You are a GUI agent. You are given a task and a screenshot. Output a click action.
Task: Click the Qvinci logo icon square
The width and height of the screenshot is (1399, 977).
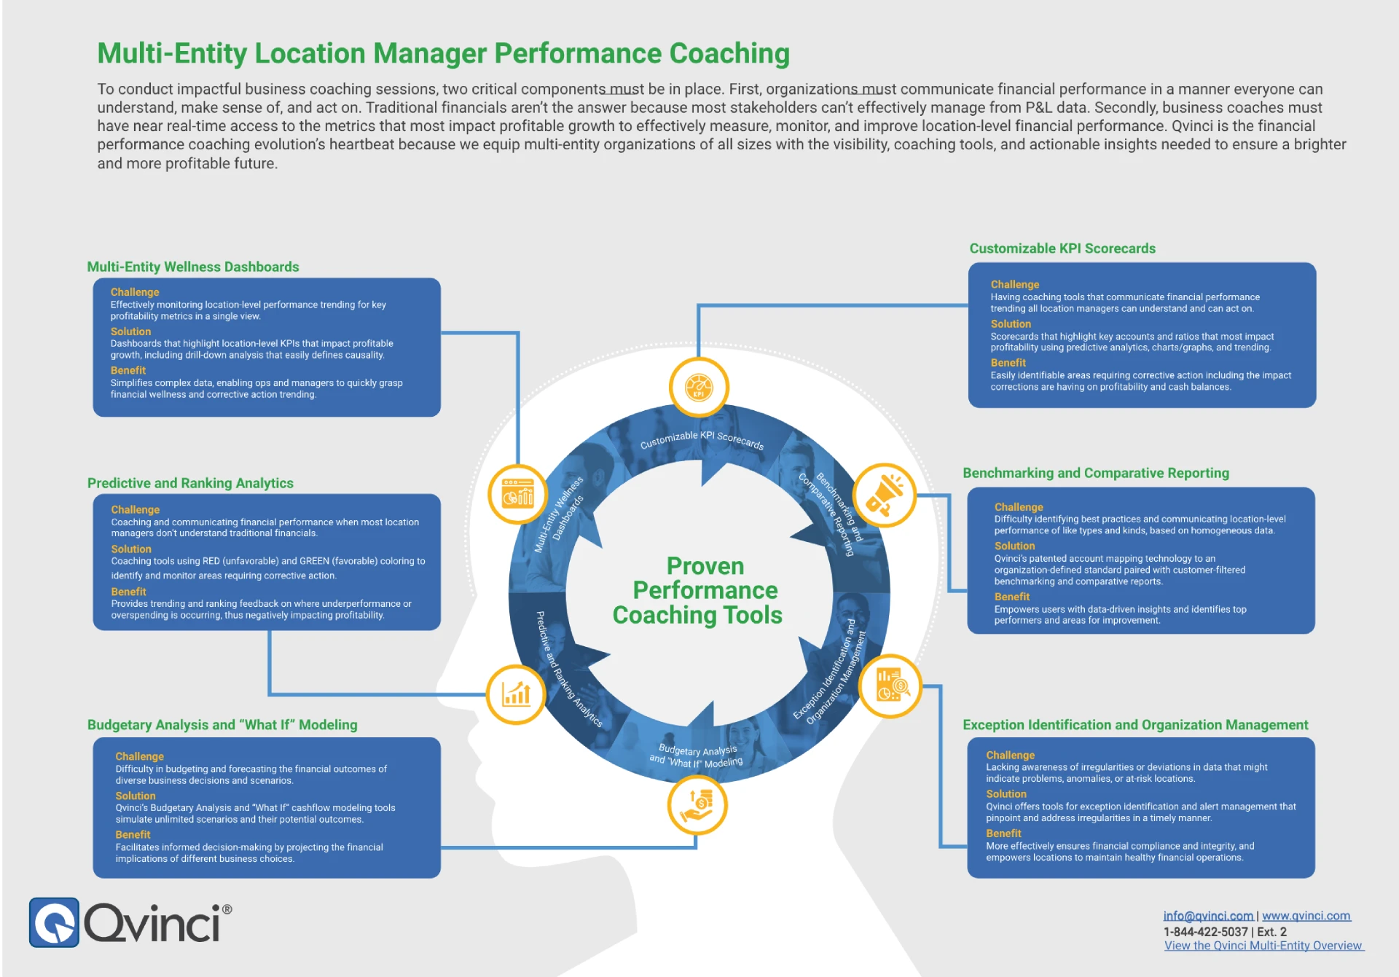tap(54, 922)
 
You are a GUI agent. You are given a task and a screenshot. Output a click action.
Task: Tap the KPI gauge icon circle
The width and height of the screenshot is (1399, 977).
tap(699, 387)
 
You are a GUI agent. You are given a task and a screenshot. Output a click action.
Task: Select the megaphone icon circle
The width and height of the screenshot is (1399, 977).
tap(885, 495)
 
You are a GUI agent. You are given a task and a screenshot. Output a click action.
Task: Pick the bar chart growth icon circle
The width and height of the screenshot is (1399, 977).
tap(516, 694)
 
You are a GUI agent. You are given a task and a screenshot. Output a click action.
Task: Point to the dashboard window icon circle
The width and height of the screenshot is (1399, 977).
tap(517, 494)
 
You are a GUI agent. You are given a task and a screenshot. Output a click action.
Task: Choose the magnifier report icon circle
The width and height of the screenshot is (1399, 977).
tap(890, 686)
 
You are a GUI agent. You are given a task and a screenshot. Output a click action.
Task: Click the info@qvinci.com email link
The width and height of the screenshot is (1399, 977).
tap(1208, 916)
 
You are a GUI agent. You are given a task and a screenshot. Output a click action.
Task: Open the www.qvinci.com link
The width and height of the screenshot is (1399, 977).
tap(1306, 916)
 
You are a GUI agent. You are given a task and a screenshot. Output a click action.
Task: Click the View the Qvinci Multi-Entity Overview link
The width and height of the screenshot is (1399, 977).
tap(1263, 946)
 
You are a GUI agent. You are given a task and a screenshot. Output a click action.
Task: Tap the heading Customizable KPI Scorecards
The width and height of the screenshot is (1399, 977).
tap(1062, 248)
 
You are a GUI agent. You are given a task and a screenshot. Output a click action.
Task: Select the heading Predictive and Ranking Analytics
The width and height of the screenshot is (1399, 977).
tap(190, 483)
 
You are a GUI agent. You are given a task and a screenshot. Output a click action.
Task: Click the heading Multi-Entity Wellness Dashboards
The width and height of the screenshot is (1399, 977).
tap(193, 267)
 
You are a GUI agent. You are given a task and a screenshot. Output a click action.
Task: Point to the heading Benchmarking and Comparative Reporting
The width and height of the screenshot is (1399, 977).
tap(1095, 473)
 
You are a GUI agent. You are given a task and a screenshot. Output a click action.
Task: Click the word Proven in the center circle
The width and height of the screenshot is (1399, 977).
tap(705, 566)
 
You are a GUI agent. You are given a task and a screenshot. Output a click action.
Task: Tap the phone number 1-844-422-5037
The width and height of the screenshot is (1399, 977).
tap(1205, 932)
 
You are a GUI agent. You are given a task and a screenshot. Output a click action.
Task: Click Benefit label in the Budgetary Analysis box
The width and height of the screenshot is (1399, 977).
tap(133, 835)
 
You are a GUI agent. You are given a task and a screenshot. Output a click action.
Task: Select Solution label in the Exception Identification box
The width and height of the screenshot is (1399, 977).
tap(1006, 794)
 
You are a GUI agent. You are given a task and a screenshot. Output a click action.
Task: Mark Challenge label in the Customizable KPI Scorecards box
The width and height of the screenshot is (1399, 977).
tap(1014, 284)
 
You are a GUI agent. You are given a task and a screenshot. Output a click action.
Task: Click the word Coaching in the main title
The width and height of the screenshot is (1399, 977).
tap(729, 54)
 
